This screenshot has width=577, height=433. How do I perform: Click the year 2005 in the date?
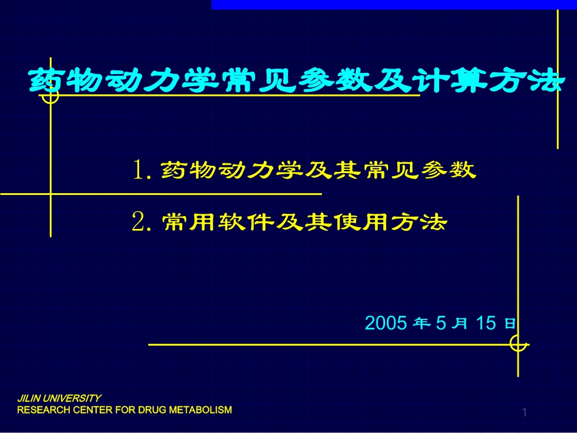(x=385, y=323)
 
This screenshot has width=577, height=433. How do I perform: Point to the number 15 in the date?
(x=486, y=323)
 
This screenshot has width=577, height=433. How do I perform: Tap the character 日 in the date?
(x=510, y=324)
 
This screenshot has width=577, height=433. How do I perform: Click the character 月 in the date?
(x=460, y=323)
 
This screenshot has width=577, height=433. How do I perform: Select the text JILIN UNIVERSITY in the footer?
(x=58, y=398)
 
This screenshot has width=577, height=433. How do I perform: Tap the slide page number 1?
(x=525, y=413)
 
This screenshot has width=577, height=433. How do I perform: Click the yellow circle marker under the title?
(x=51, y=95)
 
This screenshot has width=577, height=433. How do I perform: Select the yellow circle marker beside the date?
(x=518, y=344)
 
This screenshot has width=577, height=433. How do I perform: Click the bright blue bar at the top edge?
(x=394, y=4)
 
